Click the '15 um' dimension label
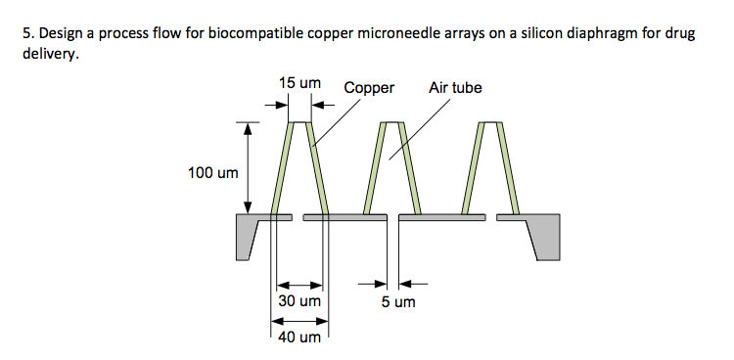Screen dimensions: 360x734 (x=299, y=85)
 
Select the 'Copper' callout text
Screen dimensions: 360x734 (x=369, y=88)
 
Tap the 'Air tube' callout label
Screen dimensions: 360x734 (x=455, y=88)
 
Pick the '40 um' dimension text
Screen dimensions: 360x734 (x=299, y=337)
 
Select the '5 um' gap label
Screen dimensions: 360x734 (x=398, y=301)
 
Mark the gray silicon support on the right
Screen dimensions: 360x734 (x=546, y=235)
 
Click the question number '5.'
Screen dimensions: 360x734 (x=26, y=34)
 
